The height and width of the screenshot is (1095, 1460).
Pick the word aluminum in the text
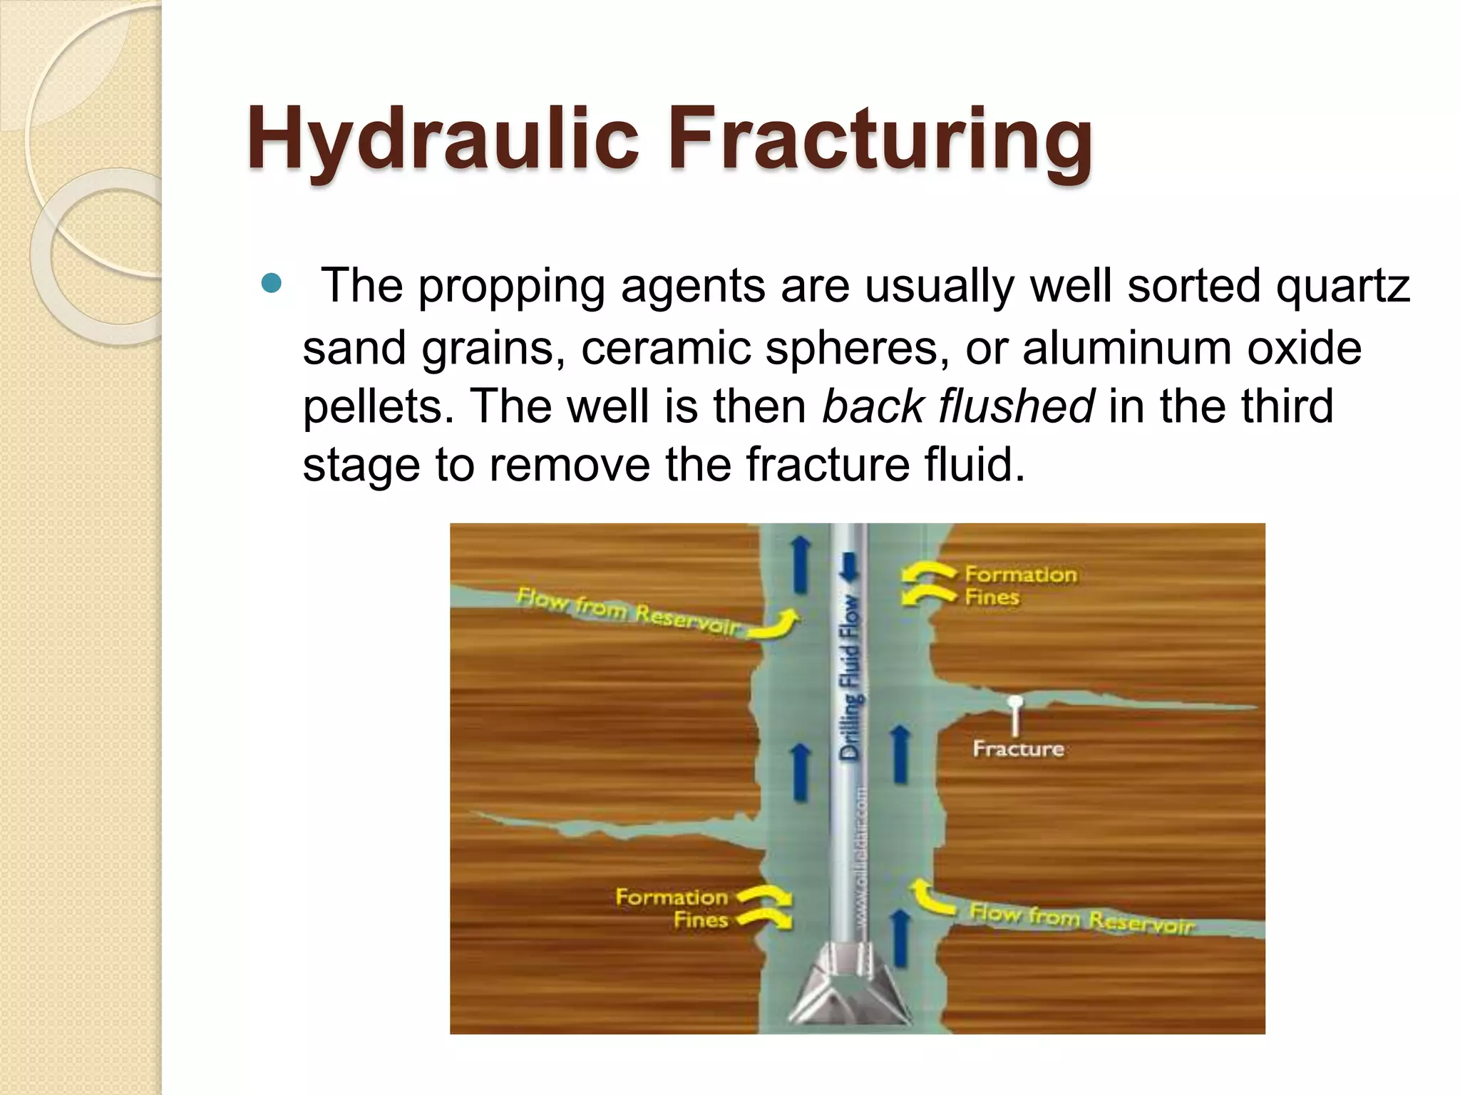(x=1126, y=348)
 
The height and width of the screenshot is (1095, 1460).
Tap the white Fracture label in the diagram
(x=1018, y=749)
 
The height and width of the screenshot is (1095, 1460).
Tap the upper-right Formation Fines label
(x=1019, y=585)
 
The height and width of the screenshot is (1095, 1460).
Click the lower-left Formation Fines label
(x=672, y=908)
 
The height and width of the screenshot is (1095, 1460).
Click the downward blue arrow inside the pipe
(x=848, y=566)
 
